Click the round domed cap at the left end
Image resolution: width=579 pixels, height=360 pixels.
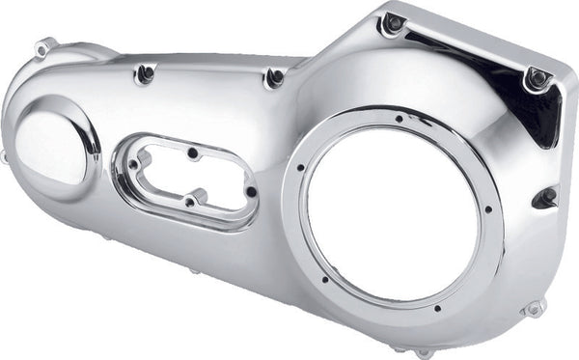(x=50, y=148)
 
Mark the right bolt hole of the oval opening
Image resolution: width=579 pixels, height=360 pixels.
(x=251, y=191)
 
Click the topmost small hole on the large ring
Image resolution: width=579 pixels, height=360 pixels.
(x=398, y=120)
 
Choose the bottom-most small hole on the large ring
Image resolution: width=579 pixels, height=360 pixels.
(x=437, y=308)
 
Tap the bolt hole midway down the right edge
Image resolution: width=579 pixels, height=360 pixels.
(x=546, y=198)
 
